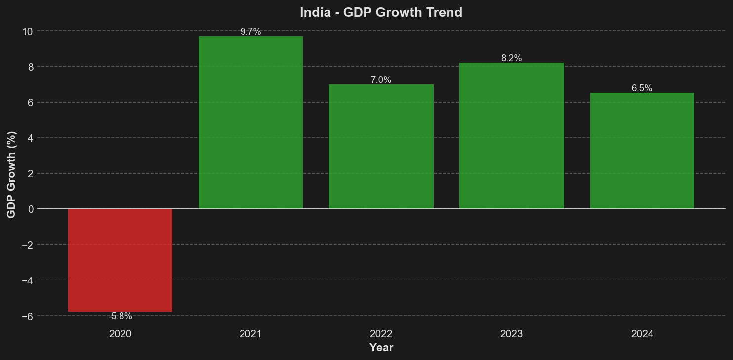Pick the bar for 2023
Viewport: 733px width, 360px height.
point(511,136)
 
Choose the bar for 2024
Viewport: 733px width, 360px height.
point(642,151)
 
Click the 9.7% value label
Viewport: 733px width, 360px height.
point(250,32)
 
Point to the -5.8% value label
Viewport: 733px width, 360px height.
point(120,316)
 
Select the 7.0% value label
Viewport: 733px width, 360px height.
point(381,80)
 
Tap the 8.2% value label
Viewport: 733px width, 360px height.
point(511,58)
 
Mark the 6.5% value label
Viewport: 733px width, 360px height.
point(642,88)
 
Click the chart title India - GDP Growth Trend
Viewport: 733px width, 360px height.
point(381,12)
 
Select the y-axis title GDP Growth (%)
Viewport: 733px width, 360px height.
point(11,174)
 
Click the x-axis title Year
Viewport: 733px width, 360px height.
point(381,348)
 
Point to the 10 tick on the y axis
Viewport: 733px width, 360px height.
point(27,32)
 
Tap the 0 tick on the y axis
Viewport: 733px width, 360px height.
point(30,209)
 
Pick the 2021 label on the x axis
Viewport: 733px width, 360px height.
point(250,334)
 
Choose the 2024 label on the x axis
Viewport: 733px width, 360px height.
point(642,334)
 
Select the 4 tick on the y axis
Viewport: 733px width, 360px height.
point(30,138)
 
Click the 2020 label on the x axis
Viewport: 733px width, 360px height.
point(120,334)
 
